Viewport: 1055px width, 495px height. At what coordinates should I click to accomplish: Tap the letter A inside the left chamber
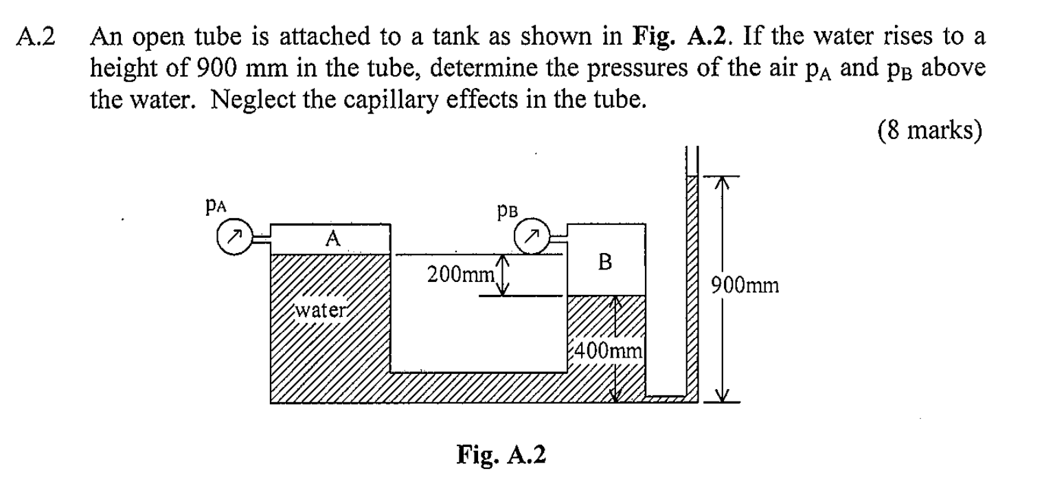333,239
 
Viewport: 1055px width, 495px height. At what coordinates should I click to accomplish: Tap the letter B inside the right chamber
605,262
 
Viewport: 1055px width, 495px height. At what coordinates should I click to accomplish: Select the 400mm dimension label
609,353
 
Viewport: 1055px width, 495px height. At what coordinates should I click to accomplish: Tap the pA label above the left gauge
215,205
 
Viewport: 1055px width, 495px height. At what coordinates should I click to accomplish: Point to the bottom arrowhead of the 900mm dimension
720,396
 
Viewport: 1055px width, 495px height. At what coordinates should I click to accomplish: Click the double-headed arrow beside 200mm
503,276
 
